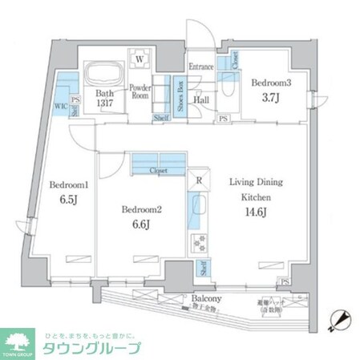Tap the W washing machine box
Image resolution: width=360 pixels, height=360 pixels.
pos(140,59)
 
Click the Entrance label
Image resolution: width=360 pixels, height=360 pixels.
pos(200,67)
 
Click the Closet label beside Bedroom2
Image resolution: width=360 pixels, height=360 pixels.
pos(158,171)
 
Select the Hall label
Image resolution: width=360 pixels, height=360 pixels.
pos(202,100)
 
